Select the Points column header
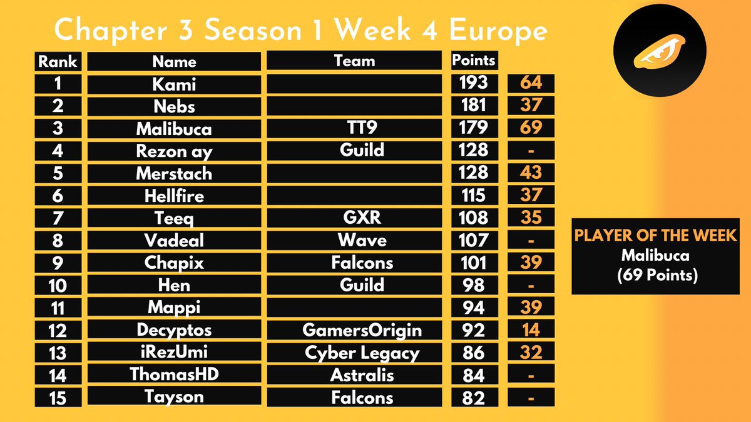tap(473, 61)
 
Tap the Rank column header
tap(58, 61)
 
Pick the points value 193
tap(473, 83)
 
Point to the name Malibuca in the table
tap(173, 129)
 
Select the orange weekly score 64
tap(531, 83)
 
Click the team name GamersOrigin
tap(354, 329)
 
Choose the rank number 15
tap(58, 398)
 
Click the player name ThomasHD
tap(173, 375)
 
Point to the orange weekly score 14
tap(531, 329)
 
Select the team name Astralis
tap(354, 375)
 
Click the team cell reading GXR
tap(354, 218)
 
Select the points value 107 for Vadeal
tap(473, 240)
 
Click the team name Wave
tap(354, 240)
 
